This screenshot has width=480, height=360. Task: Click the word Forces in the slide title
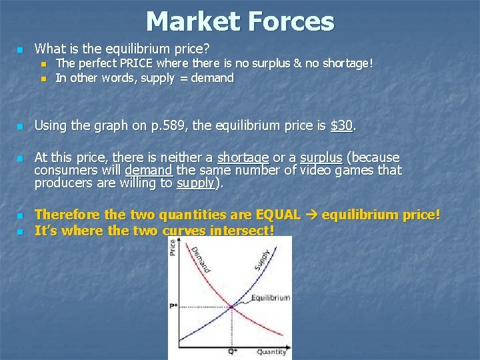coord(287,21)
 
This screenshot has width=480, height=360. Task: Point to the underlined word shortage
coord(243,158)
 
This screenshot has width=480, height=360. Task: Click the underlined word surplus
coord(321,158)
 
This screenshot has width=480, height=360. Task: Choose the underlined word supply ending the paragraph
coord(195,183)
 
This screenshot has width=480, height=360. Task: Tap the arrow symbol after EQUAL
coord(313,215)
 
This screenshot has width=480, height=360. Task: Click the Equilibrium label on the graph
coord(270,297)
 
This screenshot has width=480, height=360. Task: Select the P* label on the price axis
coord(173,307)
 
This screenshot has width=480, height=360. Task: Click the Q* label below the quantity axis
coord(231,351)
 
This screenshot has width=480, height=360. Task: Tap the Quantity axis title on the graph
coord(272,351)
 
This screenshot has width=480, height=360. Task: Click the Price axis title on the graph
coord(173,249)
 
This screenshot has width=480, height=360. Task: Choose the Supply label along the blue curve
coord(263,261)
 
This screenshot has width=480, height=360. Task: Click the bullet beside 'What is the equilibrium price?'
coord(20,49)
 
